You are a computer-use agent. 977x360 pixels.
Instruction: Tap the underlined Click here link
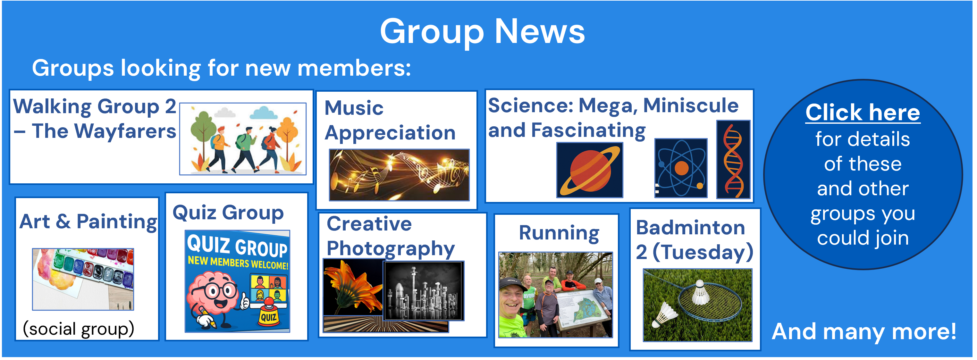point(863,112)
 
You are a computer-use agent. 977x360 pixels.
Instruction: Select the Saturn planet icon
point(590,170)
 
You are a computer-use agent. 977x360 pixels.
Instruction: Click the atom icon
point(681,168)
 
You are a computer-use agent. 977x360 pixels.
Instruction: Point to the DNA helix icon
point(733,159)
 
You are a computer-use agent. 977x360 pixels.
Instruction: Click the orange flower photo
point(353,288)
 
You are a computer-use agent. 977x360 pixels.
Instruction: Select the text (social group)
point(79,329)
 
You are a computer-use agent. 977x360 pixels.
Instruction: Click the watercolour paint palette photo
point(83,279)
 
